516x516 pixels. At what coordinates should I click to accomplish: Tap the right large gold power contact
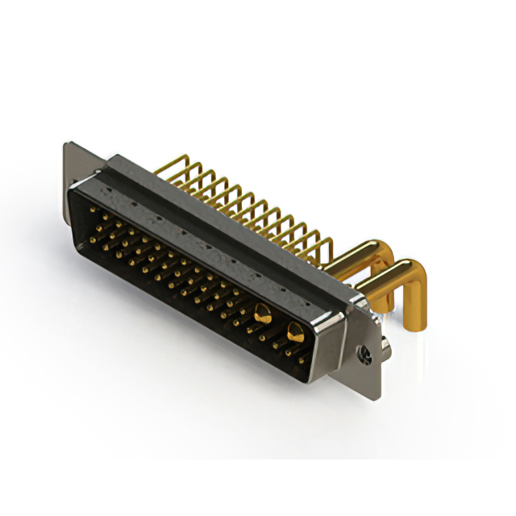pyautogui.click(x=294, y=331)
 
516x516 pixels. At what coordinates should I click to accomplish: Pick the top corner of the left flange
pyautogui.click(x=68, y=145)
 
